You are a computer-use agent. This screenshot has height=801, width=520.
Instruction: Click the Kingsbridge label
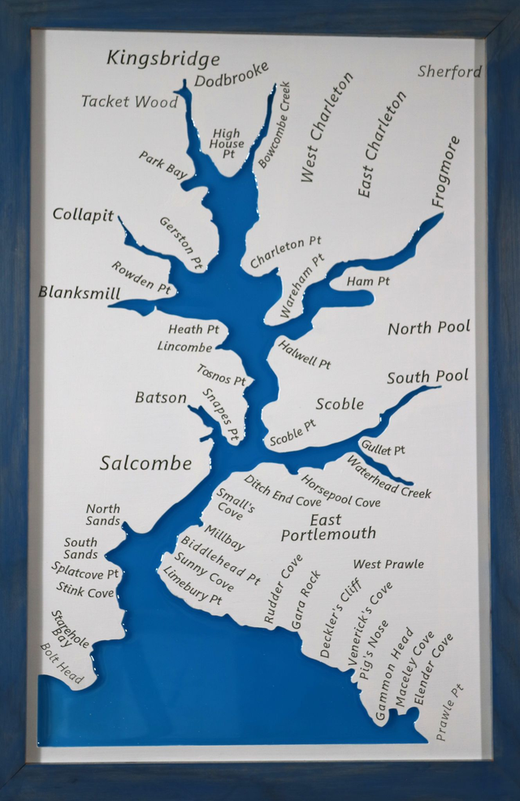click(163, 58)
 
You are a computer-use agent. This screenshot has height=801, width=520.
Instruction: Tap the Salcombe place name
click(145, 463)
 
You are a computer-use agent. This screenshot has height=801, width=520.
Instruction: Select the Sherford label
click(449, 71)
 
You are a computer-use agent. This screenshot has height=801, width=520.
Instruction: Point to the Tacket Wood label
click(129, 102)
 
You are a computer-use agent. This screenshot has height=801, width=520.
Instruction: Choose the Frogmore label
click(446, 171)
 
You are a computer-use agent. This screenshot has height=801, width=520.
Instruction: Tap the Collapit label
click(83, 215)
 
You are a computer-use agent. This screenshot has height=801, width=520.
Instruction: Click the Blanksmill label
click(79, 292)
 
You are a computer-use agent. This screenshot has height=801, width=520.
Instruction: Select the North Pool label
click(428, 328)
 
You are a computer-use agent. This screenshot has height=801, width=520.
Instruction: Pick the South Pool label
click(427, 377)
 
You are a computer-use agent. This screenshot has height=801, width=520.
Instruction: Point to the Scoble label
click(340, 404)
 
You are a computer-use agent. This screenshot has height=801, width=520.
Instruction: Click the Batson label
click(160, 397)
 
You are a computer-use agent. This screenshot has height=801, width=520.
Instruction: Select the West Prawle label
click(388, 564)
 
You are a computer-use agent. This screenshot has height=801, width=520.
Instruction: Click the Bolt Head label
click(62, 663)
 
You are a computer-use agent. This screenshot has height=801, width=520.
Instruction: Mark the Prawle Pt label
click(449, 712)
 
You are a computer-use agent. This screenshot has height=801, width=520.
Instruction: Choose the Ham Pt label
click(368, 281)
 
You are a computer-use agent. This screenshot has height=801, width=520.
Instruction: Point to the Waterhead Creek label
click(388, 477)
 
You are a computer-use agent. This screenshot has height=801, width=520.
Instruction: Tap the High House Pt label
click(227, 143)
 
